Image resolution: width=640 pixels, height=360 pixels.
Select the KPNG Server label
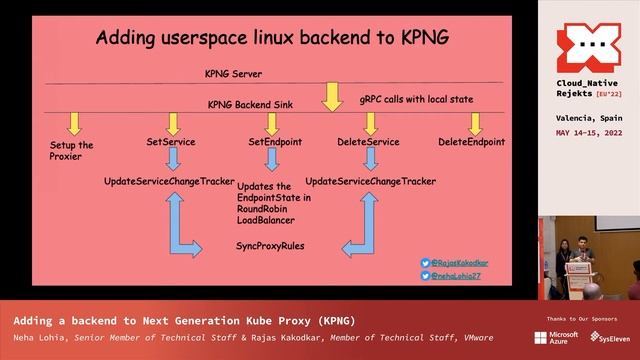tap(233, 74)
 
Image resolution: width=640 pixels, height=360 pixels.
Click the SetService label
tap(171, 142)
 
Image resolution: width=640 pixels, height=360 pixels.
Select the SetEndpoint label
tap(275, 142)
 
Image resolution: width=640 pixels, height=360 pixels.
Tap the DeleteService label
tap(368, 142)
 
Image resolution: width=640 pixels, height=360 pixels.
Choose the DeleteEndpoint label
tap(471, 142)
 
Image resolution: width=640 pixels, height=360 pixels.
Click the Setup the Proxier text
tap(72, 151)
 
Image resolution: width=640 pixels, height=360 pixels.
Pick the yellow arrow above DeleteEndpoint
tap(475, 123)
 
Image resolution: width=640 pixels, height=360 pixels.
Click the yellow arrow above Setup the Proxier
tap(73, 123)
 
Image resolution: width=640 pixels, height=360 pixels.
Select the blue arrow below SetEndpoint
tap(272, 159)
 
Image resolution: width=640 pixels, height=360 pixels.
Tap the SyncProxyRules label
tap(270, 245)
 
